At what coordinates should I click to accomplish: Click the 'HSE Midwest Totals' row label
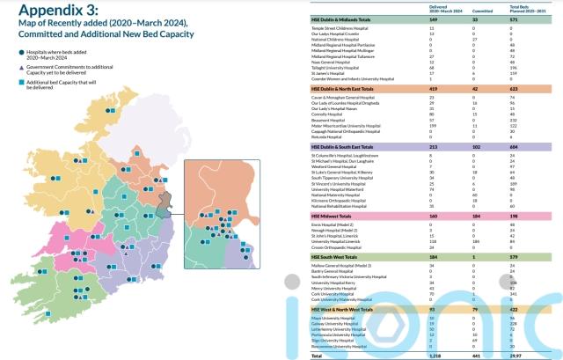click(x=335, y=214)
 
